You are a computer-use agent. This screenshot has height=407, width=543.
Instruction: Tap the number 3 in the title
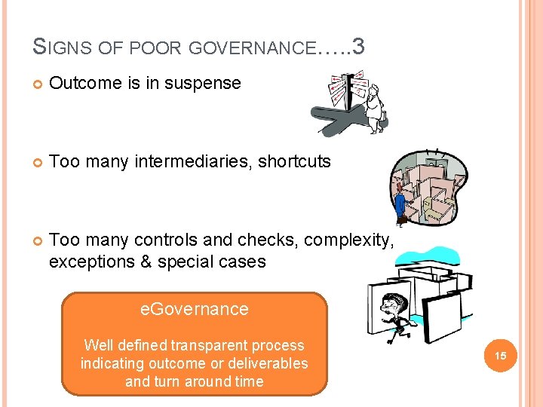pyautogui.click(x=358, y=47)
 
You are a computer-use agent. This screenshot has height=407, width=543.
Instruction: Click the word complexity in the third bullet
pyautogui.click(x=352, y=240)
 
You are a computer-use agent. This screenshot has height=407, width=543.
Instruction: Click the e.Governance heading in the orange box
pyautogui.click(x=195, y=309)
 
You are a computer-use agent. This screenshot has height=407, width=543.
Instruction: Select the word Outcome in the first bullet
pyautogui.click(x=78, y=84)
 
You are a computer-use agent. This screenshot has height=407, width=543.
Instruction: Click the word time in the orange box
pyautogui.click(x=248, y=381)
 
